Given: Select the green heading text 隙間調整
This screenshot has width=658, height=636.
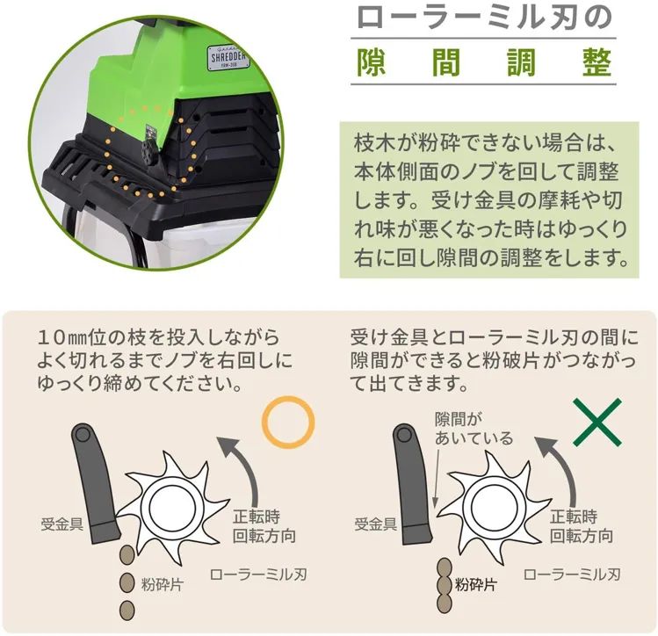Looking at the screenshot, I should pos(484,63).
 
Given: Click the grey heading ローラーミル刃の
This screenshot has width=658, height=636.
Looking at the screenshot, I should pos(484,18).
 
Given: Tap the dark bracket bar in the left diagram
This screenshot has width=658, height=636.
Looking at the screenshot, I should pos(95,482).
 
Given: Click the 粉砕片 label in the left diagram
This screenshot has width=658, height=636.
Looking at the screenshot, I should pos(163,583).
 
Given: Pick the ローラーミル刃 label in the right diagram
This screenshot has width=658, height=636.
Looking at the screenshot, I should pos(573,575).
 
